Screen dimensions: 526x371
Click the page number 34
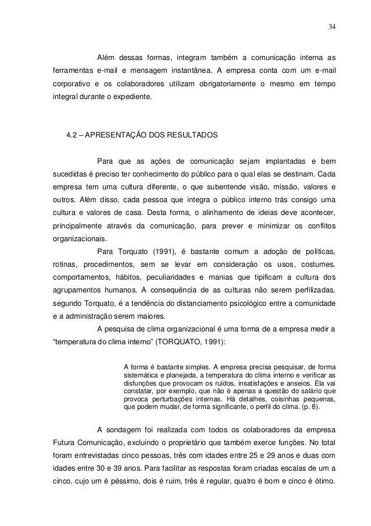tap(331, 27)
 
